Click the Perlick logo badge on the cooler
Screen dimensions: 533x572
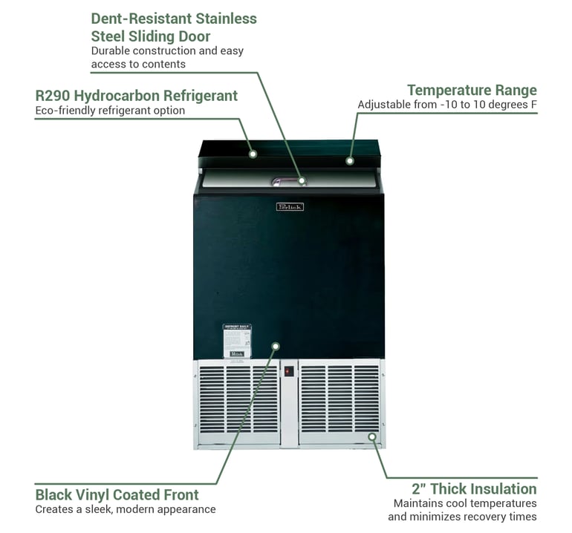click(x=290, y=206)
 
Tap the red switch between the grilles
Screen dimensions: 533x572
click(x=289, y=371)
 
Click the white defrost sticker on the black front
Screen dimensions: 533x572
click(x=237, y=341)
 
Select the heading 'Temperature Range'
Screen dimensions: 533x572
click(x=472, y=91)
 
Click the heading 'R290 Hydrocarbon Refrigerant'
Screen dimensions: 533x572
click(x=137, y=96)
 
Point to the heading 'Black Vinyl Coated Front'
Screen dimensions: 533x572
click(x=117, y=494)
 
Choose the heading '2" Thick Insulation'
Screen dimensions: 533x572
click(x=474, y=488)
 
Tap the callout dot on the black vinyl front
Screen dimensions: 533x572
click(x=276, y=345)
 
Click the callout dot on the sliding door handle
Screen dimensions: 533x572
click(x=302, y=180)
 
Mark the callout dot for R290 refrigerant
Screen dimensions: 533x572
click(x=253, y=154)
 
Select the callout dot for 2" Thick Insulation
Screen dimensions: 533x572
click(x=371, y=436)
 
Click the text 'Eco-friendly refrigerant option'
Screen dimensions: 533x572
click(x=110, y=111)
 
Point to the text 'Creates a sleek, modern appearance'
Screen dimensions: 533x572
click(x=126, y=510)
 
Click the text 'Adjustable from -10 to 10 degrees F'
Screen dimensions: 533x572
click(x=447, y=105)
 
